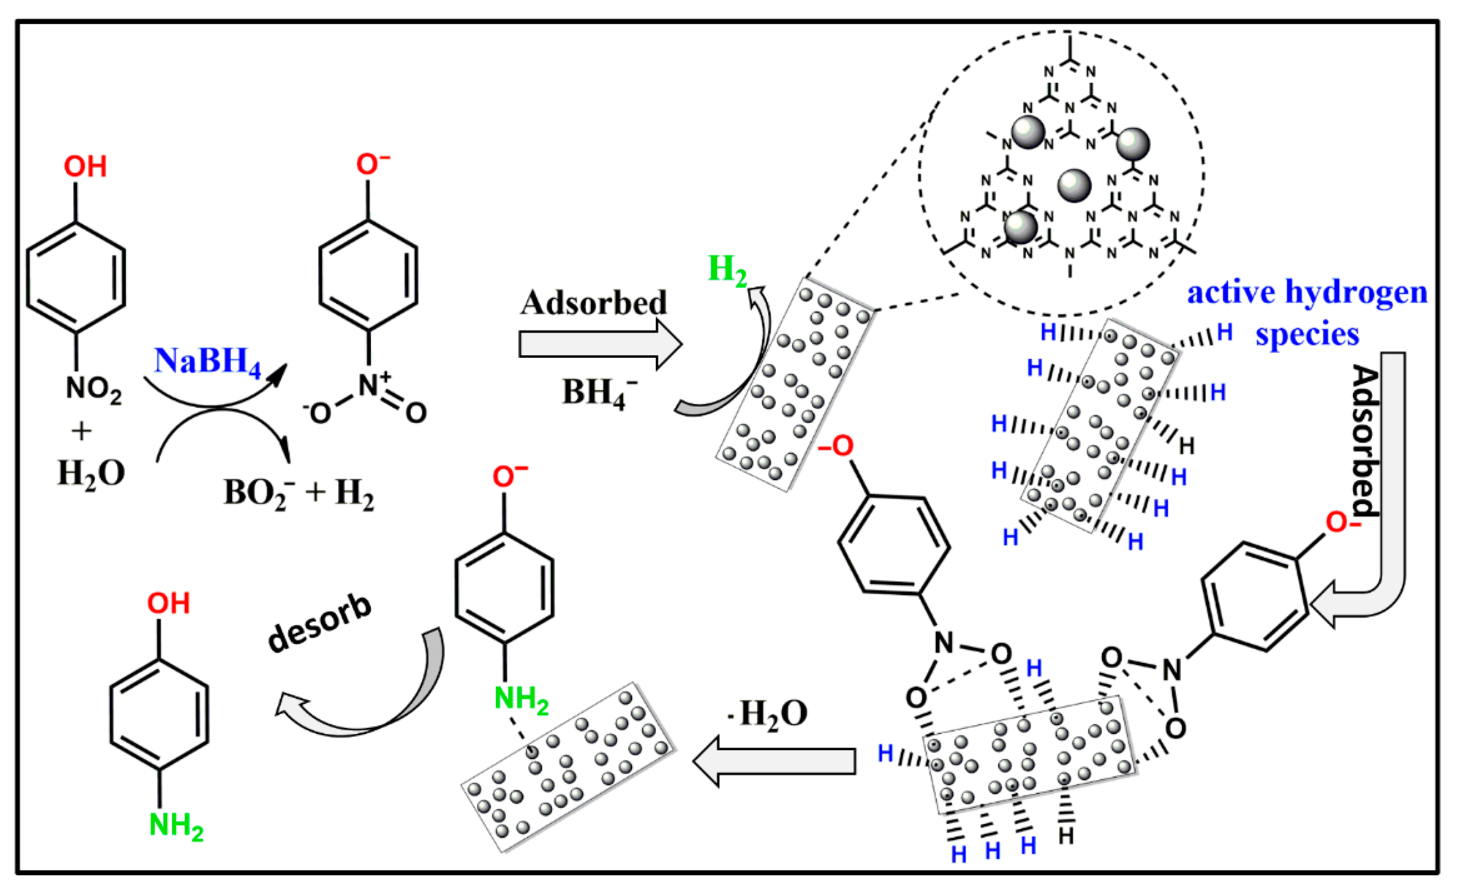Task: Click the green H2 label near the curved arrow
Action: (727, 270)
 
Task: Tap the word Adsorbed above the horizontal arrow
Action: (593, 303)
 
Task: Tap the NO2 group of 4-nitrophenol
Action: (93, 389)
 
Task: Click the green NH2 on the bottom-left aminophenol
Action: (176, 825)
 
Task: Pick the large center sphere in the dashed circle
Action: (1074, 186)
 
